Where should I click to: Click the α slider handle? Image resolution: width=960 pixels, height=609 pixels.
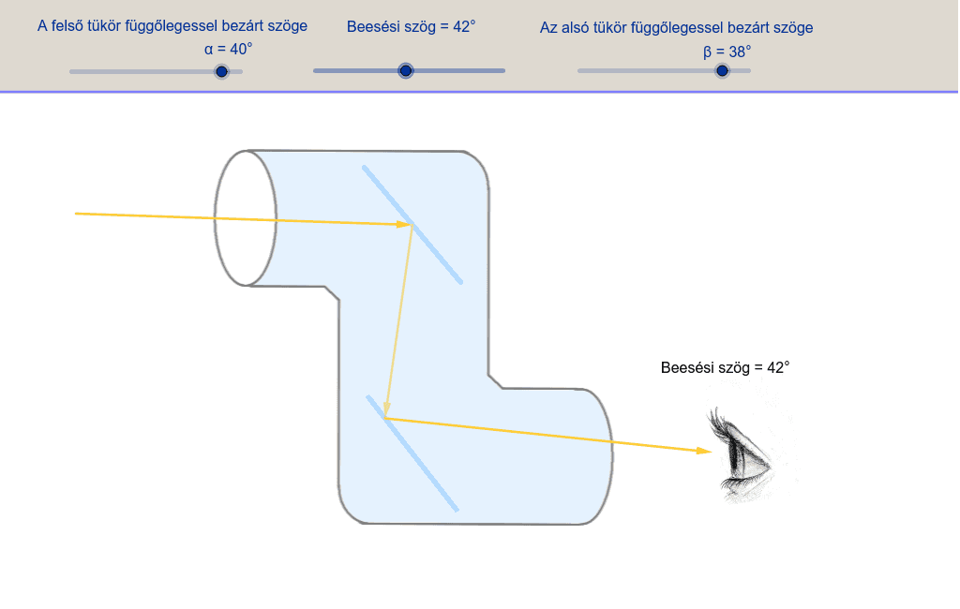221,71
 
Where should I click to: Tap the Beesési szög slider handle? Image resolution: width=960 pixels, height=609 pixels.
405,71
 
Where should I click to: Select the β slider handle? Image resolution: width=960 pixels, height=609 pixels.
723,71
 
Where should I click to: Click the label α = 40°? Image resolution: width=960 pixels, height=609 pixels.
229,49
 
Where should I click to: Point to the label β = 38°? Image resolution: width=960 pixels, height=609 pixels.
727,52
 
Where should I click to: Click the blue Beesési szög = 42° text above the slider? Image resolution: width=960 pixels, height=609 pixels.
411,27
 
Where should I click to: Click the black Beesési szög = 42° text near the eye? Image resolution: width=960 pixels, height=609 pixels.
725,367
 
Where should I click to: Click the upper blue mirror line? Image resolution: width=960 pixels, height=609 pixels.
412,225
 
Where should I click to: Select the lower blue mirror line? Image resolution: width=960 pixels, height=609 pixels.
412,453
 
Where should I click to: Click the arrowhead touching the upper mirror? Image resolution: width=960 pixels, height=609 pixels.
404,225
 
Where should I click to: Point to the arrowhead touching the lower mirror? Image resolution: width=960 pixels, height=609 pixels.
386,408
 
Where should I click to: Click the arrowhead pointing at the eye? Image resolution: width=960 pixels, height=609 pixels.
705,451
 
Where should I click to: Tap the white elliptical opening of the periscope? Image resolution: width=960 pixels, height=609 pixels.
246,218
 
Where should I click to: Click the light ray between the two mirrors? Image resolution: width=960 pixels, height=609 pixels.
399,321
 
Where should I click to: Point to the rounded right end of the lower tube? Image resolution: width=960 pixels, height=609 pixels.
611,456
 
